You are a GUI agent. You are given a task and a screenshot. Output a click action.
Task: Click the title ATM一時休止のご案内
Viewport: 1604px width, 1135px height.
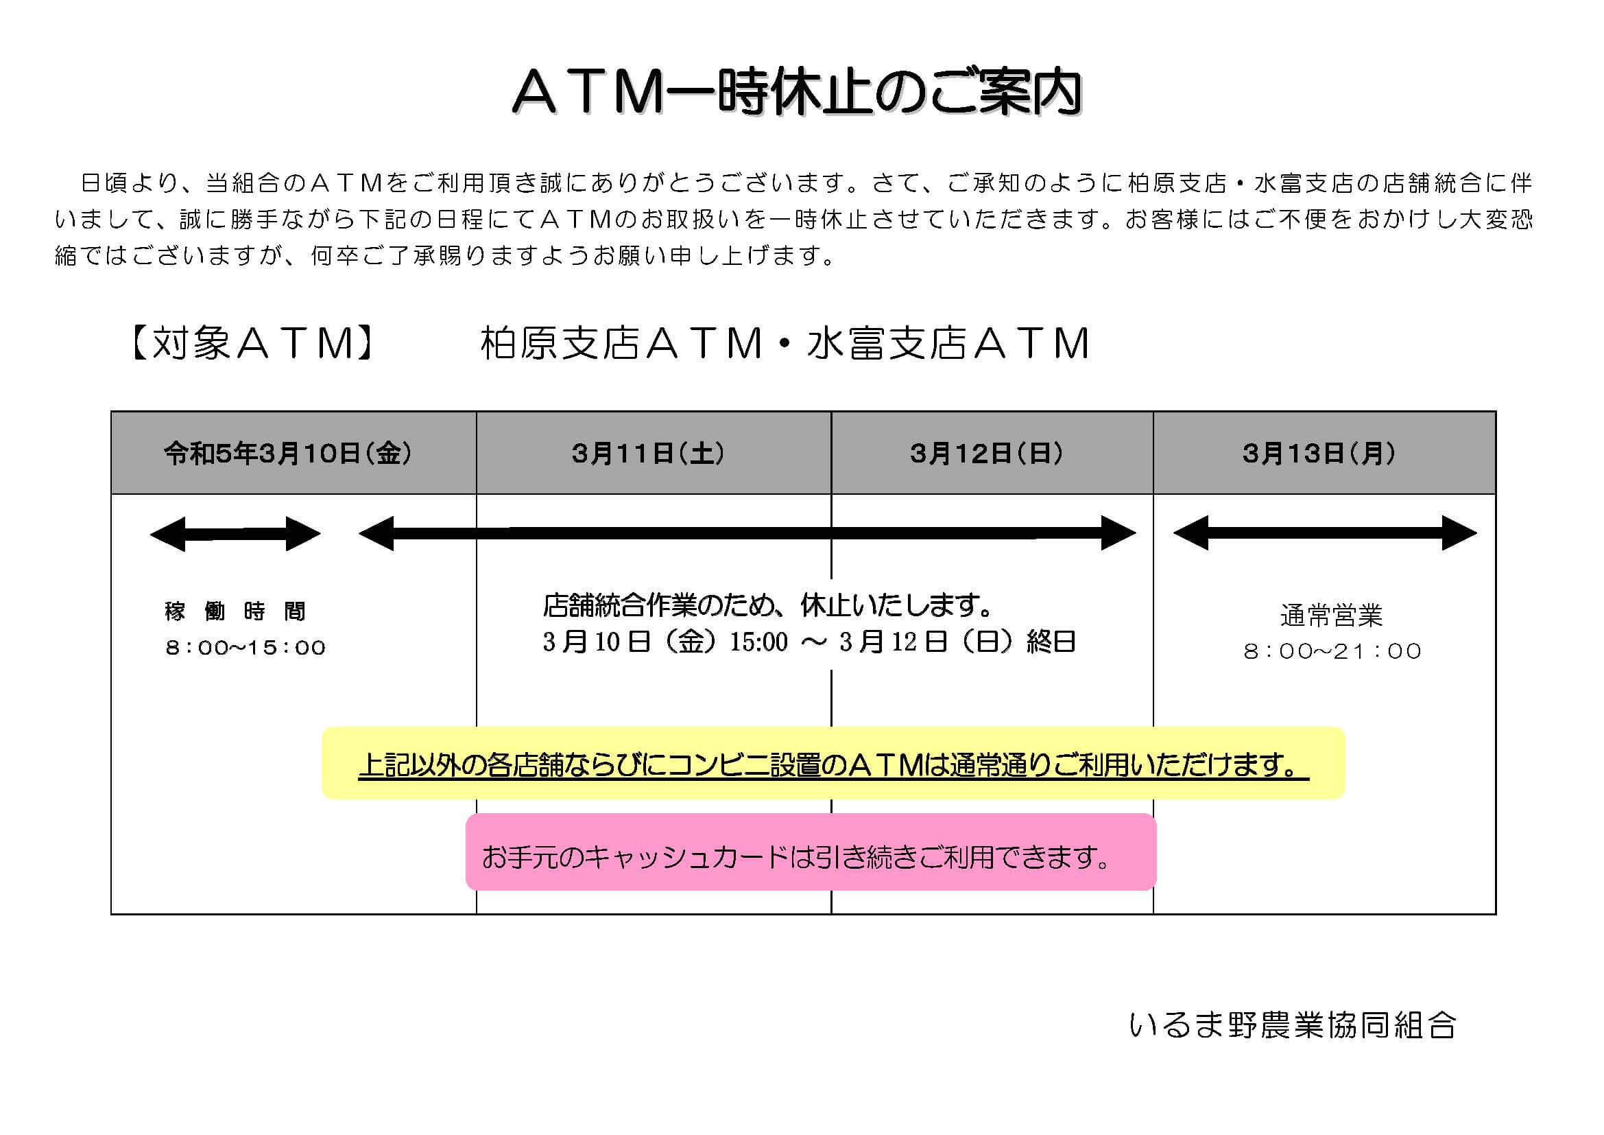point(797,92)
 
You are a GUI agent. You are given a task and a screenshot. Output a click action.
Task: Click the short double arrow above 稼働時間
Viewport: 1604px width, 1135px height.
point(235,534)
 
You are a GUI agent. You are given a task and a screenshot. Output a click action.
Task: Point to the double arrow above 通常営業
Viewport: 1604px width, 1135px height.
point(1326,533)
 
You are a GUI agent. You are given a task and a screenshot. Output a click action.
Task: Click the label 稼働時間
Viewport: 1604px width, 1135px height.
point(235,611)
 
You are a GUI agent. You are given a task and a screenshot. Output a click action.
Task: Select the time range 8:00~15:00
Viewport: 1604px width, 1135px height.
point(246,648)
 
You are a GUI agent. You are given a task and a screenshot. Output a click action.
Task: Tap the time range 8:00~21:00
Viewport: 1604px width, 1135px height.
point(1332,651)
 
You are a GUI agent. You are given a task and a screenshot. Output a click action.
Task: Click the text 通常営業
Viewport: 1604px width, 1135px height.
point(1332,616)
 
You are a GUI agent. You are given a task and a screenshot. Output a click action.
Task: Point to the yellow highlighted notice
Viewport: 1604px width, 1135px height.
point(833,763)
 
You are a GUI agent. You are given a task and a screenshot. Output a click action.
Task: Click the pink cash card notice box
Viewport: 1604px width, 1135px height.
point(811,852)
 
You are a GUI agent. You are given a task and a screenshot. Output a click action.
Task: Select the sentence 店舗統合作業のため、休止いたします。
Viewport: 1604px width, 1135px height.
point(769,606)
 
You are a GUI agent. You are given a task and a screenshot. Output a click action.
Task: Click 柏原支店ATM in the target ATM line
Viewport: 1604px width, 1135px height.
point(622,344)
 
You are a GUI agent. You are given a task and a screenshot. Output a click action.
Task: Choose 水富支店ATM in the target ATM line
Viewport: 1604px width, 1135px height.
point(948,344)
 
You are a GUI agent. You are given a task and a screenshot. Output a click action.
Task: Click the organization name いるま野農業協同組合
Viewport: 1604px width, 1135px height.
point(1293,1025)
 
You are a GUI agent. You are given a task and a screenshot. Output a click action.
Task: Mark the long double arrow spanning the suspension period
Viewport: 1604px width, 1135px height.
point(747,533)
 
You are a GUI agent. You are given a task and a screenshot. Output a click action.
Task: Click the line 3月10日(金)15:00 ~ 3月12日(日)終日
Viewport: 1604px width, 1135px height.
point(809,642)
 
